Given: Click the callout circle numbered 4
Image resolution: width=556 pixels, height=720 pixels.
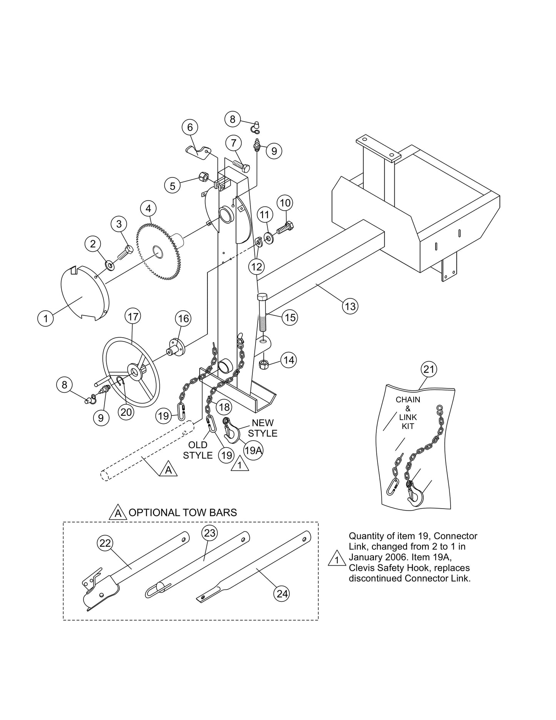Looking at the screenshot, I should click(x=148, y=209).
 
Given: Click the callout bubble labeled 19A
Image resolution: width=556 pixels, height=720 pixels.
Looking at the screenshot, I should click(x=253, y=450).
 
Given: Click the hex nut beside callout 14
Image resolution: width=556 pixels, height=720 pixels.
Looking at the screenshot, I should click(x=264, y=364).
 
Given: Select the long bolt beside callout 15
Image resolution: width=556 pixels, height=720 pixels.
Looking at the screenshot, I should click(x=262, y=312).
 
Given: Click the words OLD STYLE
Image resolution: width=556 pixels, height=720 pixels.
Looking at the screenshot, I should click(x=198, y=450).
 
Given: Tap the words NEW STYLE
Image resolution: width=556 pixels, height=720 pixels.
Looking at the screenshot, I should click(x=263, y=428).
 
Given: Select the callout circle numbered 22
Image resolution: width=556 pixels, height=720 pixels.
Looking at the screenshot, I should click(x=105, y=543).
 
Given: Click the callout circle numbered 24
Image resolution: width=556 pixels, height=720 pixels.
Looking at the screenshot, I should click(x=282, y=593).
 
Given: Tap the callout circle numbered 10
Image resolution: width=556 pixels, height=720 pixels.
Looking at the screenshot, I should click(x=285, y=203).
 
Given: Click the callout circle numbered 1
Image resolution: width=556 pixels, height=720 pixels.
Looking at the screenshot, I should click(x=46, y=318).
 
